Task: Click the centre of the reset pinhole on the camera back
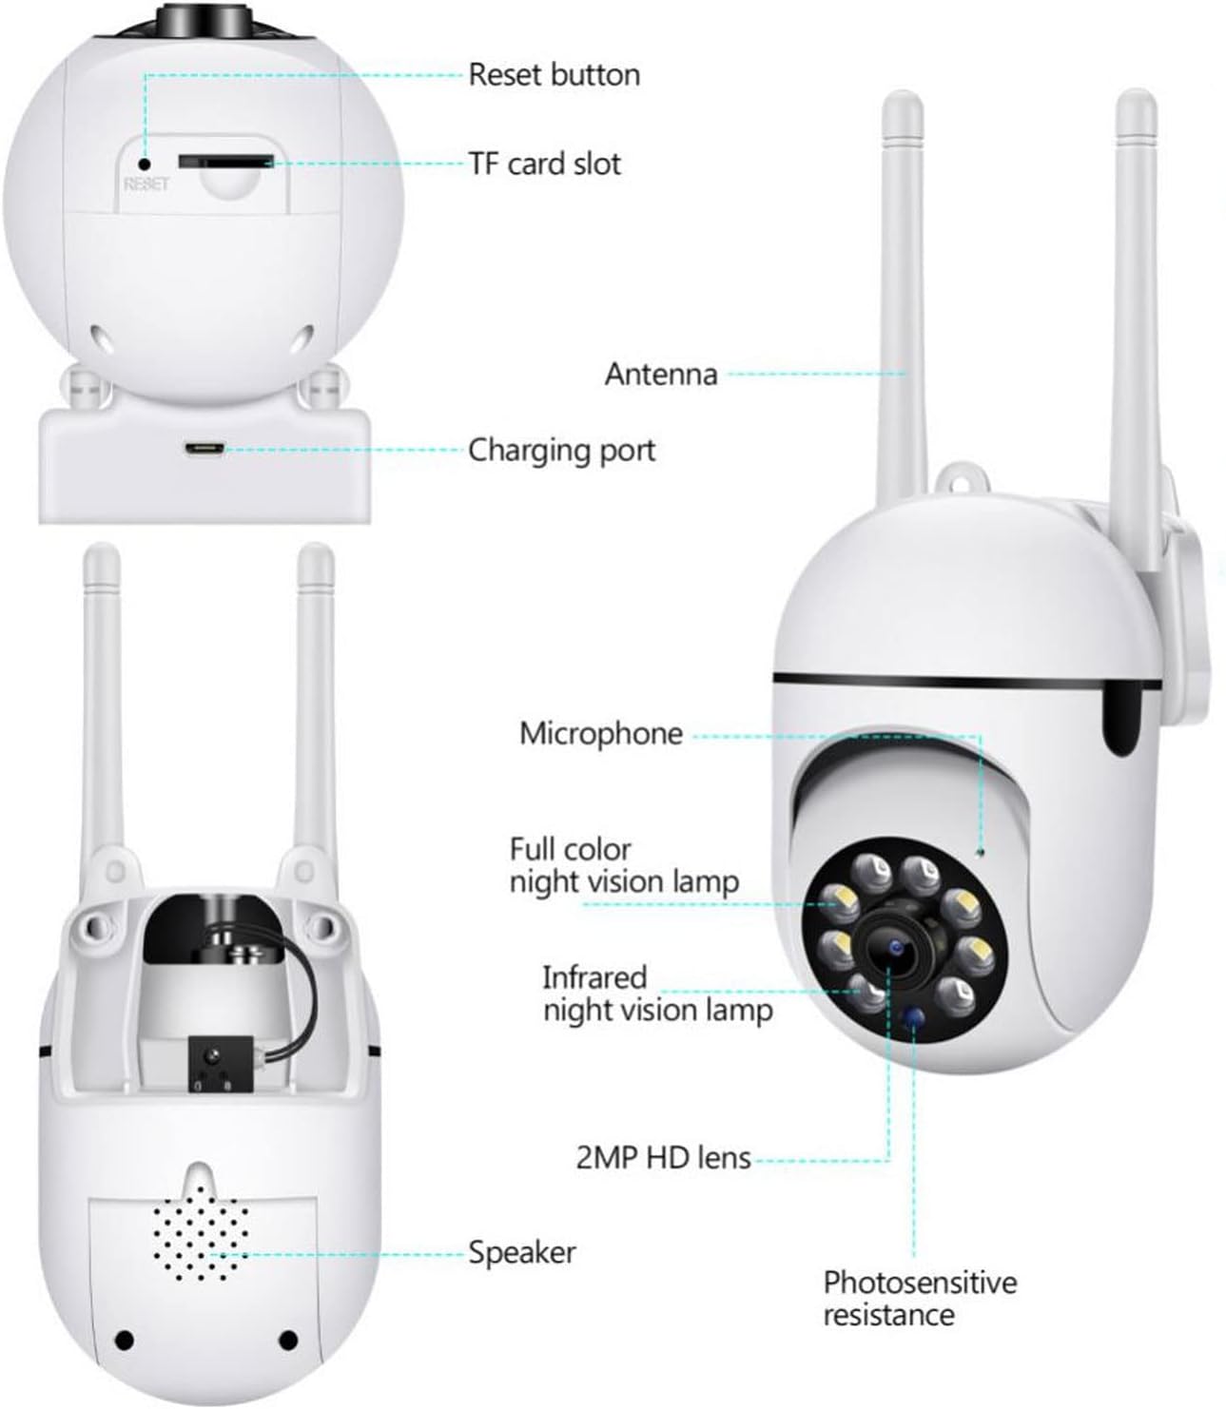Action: point(144,164)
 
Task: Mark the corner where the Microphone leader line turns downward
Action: point(980,736)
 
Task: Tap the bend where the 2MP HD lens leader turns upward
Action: point(889,1161)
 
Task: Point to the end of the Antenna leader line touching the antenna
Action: point(905,374)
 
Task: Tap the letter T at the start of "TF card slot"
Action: point(477,164)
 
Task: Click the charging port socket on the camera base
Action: point(203,450)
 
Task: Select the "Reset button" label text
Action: point(555,74)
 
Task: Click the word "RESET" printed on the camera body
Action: point(146,184)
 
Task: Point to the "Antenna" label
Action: point(661,375)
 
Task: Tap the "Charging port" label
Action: point(562,452)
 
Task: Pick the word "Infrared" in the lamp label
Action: point(594,978)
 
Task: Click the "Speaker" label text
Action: point(522,1253)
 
